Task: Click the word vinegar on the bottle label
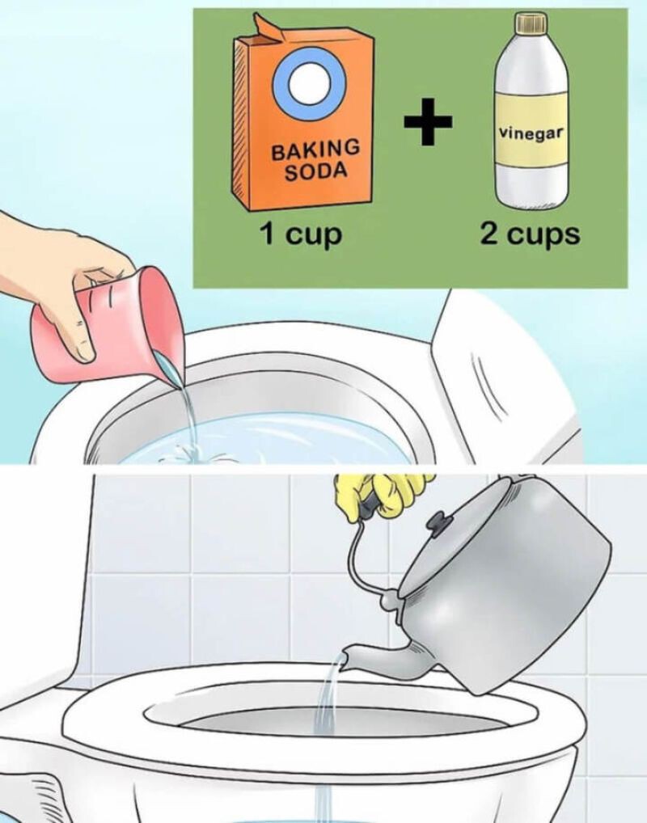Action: pos(530,132)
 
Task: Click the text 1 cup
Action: pos(300,234)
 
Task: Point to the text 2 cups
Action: pos(530,234)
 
